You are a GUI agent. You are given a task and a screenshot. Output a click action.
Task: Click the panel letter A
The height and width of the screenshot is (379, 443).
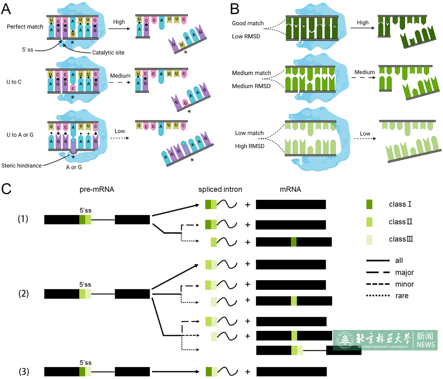click(6, 9)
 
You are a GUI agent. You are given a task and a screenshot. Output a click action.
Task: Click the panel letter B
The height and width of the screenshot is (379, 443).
click(235, 9)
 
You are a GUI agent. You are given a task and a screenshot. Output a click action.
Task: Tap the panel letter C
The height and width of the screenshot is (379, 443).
click(6, 189)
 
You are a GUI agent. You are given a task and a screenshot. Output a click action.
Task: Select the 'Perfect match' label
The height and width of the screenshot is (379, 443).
click(25, 27)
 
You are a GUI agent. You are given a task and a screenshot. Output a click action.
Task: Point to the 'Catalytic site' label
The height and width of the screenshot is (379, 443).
click(108, 53)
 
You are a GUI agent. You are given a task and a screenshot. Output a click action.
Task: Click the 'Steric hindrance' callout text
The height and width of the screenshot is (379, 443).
click(22, 166)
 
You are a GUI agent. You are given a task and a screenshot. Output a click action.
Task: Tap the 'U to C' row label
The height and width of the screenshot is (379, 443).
click(14, 82)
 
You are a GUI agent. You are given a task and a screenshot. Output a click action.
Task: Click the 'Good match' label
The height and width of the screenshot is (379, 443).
click(248, 23)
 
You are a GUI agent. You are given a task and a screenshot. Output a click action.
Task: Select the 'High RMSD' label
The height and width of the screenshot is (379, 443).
click(250, 146)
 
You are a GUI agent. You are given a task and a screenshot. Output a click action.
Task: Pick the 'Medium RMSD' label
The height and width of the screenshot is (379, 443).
click(251, 86)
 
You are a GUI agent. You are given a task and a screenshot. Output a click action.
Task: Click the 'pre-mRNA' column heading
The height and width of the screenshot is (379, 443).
click(97, 189)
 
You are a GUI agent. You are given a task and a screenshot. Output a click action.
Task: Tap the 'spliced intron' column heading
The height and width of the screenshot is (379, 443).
click(220, 189)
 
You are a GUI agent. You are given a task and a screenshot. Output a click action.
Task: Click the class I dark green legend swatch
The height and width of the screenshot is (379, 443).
click(369, 204)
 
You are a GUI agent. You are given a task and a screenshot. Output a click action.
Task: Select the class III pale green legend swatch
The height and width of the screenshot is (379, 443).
click(369, 239)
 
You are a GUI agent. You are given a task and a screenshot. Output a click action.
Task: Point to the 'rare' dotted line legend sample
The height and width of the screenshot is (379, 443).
click(378, 296)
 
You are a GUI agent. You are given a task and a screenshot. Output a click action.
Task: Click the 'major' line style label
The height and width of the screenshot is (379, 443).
click(404, 273)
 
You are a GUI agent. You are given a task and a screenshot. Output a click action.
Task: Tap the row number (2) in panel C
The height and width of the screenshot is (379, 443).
click(23, 293)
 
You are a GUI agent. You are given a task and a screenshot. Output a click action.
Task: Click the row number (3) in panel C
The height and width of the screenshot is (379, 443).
click(24, 371)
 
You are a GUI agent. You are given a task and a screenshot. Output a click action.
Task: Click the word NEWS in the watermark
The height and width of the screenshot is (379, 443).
click(426, 345)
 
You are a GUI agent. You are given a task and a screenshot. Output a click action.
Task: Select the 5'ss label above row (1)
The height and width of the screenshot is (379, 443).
click(85, 210)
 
